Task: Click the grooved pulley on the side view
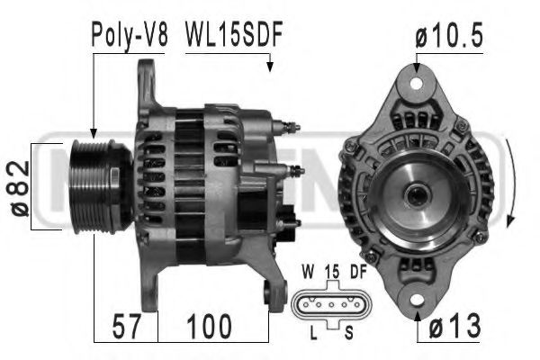(98, 185)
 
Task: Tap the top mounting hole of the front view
(416, 84)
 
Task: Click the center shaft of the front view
(417, 192)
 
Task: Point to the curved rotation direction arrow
(511, 189)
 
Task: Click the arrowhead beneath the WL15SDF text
(269, 66)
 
